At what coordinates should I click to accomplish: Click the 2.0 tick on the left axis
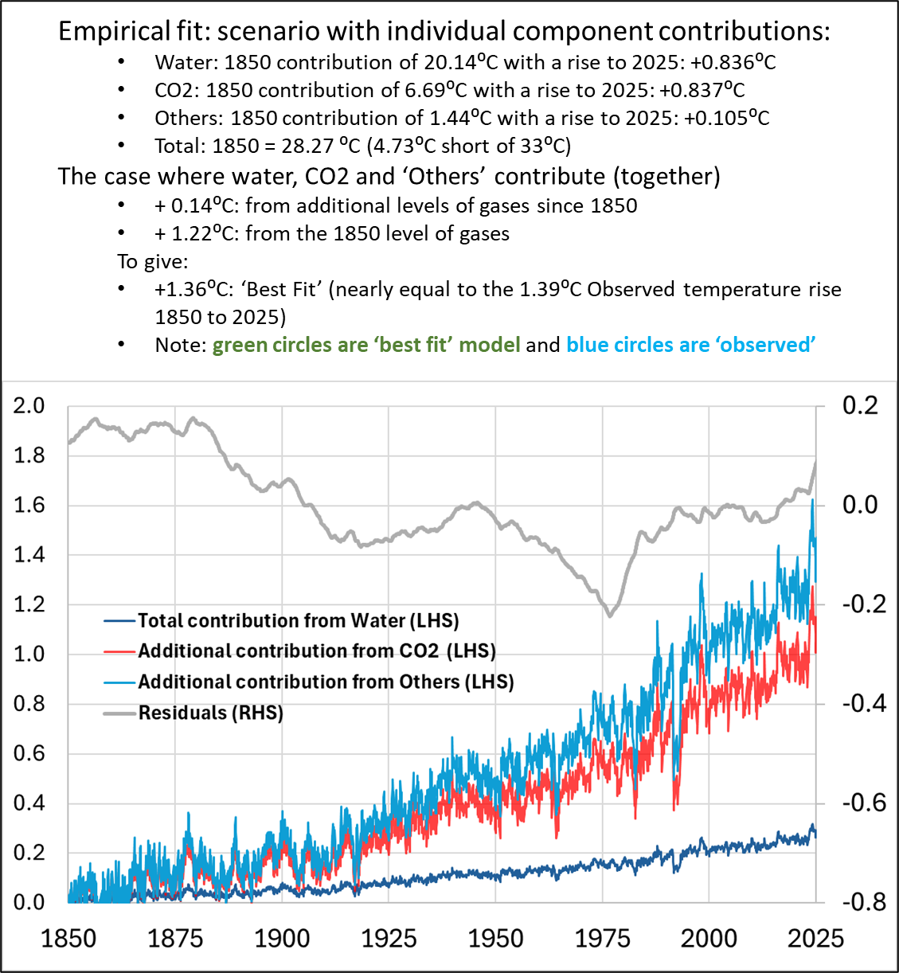pos(29,406)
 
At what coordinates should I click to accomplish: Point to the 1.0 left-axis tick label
pos(29,655)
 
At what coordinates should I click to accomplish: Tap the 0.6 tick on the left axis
pos(29,753)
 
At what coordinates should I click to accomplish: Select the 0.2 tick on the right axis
pos(860,406)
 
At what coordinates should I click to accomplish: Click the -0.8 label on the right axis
pos(863,902)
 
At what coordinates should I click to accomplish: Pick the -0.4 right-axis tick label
pos(863,704)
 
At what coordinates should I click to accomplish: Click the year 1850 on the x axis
pos(68,939)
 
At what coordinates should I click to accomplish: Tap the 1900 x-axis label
pos(282,939)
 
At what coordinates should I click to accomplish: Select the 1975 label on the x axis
pos(603,939)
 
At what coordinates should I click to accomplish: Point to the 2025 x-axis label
pos(815,939)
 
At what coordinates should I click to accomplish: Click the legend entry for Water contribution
pos(298,621)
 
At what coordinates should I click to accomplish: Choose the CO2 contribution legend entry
pos(316,651)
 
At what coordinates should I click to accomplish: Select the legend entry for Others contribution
pos(326,682)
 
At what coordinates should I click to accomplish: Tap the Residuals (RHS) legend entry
pos(210,713)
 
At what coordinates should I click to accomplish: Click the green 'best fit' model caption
pos(366,345)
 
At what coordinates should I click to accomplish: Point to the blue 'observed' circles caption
pos(690,345)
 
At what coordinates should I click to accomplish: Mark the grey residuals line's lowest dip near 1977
pos(610,615)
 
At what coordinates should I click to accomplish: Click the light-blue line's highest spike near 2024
pos(812,500)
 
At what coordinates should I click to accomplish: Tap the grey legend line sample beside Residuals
pos(120,713)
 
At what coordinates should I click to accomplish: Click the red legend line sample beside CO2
pos(120,651)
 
